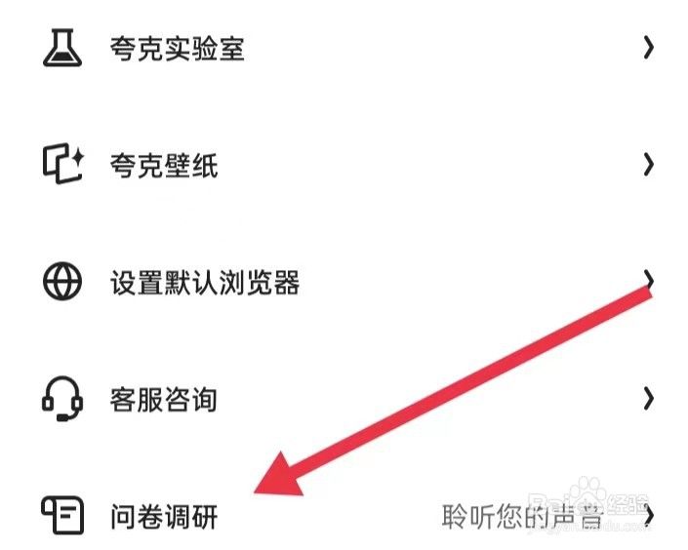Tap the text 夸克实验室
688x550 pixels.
click(177, 48)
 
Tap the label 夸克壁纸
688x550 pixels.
click(164, 166)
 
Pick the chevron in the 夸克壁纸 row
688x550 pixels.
click(648, 165)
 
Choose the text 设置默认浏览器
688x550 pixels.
click(204, 283)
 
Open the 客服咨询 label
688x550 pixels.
click(164, 400)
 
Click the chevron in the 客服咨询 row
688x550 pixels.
click(648, 399)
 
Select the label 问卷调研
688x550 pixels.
click(164, 516)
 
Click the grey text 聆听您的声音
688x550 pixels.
click(522, 516)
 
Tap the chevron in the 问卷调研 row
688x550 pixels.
click(648, 515)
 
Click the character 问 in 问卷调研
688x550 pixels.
click(124, 516)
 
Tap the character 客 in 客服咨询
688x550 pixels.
click(124, 400)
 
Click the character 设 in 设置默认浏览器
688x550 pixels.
click(124, 283)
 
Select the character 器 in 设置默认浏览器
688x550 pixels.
click(285, 283)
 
